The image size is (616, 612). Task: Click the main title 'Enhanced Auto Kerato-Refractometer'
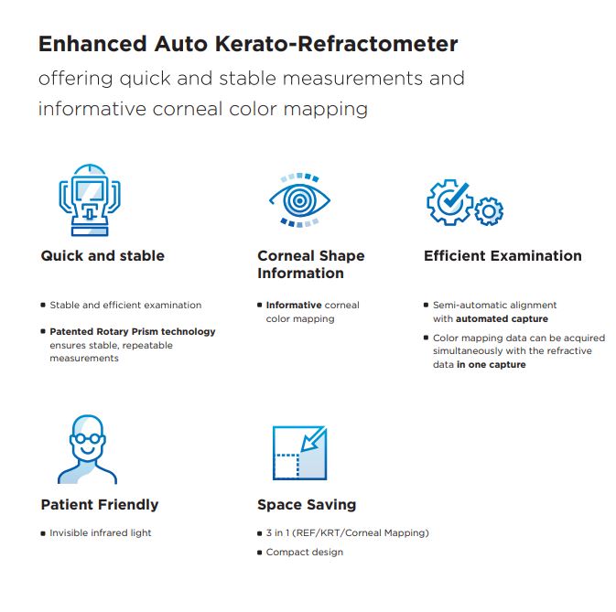[x=248, y=44]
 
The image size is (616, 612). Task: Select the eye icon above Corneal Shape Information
[x=298, y=199]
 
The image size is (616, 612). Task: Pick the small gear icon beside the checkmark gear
[x=491, y=211]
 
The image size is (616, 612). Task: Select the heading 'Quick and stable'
[x=103, y=256]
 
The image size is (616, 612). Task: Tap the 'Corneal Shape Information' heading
[x=310, y=264]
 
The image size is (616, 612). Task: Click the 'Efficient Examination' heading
[x=503, y=256]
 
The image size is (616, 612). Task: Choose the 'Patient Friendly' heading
[x=100, y=504]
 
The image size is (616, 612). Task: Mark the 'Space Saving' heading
[x=307, y=504]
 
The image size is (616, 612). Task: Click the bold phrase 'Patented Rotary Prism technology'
[x=133, y=331]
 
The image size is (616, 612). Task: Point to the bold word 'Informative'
[x=294, y=305]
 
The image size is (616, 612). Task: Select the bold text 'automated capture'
[x=503, y=318]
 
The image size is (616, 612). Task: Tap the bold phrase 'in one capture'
[x=492, y=364]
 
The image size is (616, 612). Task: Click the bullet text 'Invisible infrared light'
[x=101, y=532]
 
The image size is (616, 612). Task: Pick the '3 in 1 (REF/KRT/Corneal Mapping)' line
[x=347, y=532]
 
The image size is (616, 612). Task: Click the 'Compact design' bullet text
[x=305, y=552]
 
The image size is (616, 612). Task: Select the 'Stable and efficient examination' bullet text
[x=125, y=305]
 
